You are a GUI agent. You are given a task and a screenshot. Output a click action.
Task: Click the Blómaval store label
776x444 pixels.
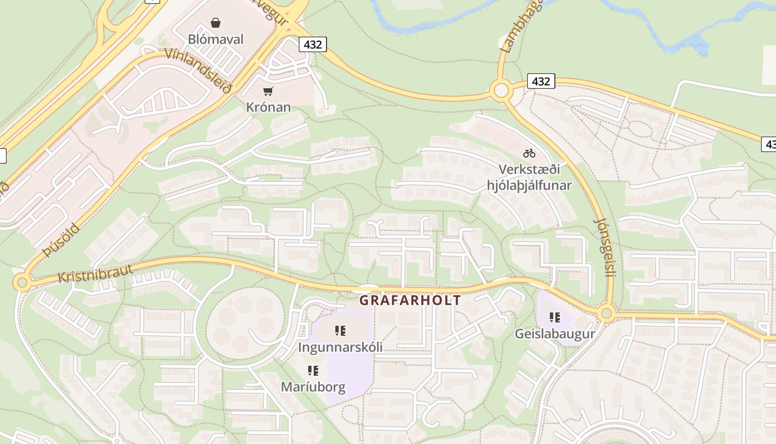(x=216, y=39)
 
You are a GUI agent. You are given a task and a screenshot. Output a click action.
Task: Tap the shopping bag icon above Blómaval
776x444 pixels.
(x=216, y=23)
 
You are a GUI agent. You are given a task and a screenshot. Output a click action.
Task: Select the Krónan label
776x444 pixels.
(x=268, y=107)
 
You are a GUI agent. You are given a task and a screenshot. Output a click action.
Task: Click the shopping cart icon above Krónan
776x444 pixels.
(x=268, y=91)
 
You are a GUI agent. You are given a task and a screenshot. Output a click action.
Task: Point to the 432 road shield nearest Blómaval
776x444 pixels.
(x=313, y=44)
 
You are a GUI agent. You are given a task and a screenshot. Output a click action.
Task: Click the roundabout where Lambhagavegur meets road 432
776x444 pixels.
(x=501, y=90)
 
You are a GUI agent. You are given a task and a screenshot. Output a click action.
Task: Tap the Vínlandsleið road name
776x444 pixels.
(x=198, y=71)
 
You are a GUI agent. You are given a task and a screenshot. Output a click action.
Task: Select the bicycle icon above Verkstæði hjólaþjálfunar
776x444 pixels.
(x=529, y=153)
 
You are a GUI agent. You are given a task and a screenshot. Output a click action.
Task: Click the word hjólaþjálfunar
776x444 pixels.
(x=529, y=185)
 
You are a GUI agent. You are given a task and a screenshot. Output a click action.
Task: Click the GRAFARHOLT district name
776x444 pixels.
(x=410, y=300)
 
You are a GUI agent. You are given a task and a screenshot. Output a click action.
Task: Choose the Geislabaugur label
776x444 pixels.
(x=555, y=334)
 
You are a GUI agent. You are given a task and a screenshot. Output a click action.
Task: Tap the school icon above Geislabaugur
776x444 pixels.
(x=555, y=317)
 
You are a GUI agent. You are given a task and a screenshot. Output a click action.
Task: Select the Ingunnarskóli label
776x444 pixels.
(x=340, y=347)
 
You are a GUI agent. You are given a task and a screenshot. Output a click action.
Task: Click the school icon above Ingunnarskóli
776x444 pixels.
(x=340, y=331)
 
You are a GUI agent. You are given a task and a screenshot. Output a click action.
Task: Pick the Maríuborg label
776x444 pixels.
(x=313, y=387)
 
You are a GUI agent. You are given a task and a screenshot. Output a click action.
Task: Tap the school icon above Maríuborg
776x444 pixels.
(x=313, y=370)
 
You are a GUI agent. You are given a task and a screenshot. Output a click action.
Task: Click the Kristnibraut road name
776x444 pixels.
(x=95, y=273)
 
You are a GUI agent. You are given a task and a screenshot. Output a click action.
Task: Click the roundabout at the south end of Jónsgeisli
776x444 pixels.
(x=606, y=314)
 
